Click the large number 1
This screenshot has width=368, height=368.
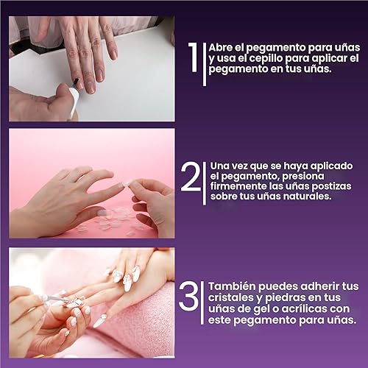[193, 59]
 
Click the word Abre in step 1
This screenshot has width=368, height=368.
[222, 46]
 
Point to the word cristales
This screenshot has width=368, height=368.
[234, 297]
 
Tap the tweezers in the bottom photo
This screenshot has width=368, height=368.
[55, 298]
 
